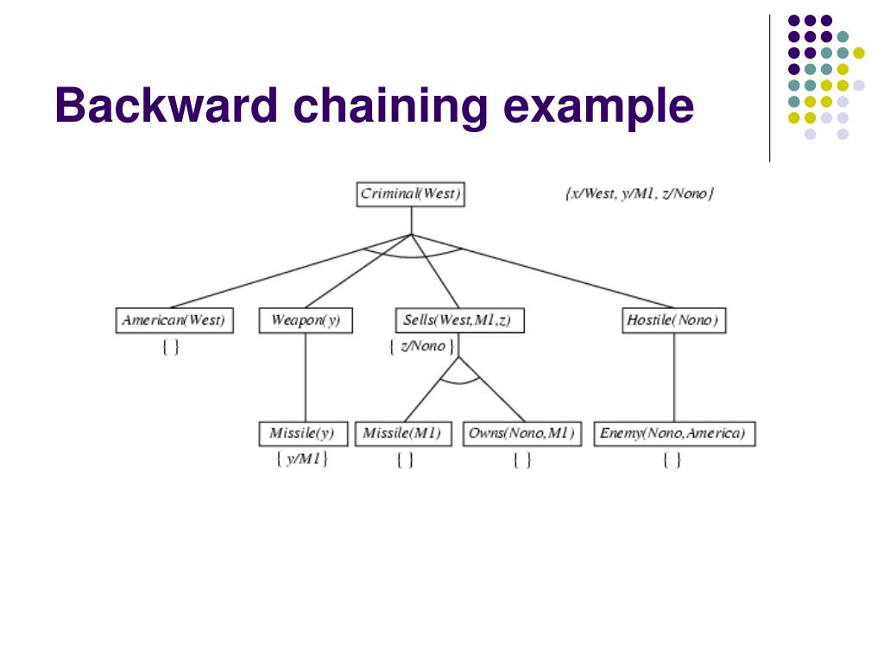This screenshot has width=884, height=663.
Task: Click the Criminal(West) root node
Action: click(411, 194)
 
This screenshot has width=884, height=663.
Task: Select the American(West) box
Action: click(174, 321)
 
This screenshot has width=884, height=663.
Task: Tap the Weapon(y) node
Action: click(306, 321)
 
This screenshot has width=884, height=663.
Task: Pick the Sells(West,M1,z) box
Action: click(458, 321)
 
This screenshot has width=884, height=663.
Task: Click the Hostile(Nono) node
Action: click(673, 321)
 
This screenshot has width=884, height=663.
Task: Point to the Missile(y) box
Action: click(302, 433)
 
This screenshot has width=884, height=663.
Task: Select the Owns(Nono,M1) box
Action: click(521, 433)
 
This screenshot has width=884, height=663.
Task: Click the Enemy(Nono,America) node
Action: click(674, 433)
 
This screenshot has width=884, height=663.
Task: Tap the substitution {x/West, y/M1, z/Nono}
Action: click(640, 194)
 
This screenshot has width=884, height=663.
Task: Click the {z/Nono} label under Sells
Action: click(420, 346)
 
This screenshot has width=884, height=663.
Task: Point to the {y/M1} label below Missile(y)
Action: click(302, 459)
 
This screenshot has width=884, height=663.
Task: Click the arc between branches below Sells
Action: click(459, 381)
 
